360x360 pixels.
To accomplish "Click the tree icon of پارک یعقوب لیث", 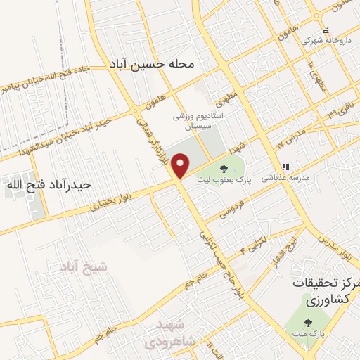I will click(x=224, y=169).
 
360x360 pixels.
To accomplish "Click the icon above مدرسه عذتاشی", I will click(x=285, y=167).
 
